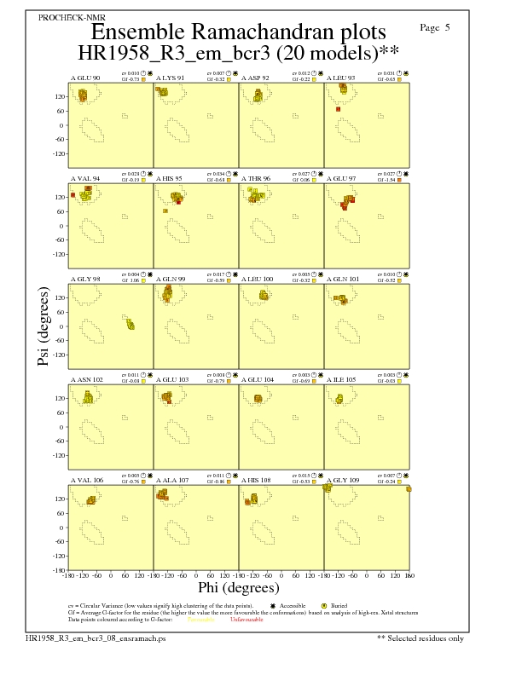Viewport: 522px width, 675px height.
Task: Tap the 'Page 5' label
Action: tap(435, 27)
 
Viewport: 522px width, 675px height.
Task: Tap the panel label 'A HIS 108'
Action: tap(258, 480)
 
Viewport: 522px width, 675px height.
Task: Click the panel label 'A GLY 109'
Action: tap(343, 480)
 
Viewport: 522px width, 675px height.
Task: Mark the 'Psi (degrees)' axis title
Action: tap(43, 326)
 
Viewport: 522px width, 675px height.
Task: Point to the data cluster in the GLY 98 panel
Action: tap(130, 325)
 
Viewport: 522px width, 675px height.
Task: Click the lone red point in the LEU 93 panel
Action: tap(339, 109)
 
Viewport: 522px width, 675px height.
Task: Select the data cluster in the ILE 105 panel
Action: tap(339, 398)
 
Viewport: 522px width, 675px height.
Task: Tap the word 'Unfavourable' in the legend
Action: tap(246, 620)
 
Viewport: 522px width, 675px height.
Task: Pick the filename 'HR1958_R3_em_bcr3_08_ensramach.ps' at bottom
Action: tap(83, 637)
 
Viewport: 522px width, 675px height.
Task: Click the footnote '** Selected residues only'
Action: tap(421, 637)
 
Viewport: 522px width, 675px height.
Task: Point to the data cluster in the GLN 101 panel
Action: tap(340, 299)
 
